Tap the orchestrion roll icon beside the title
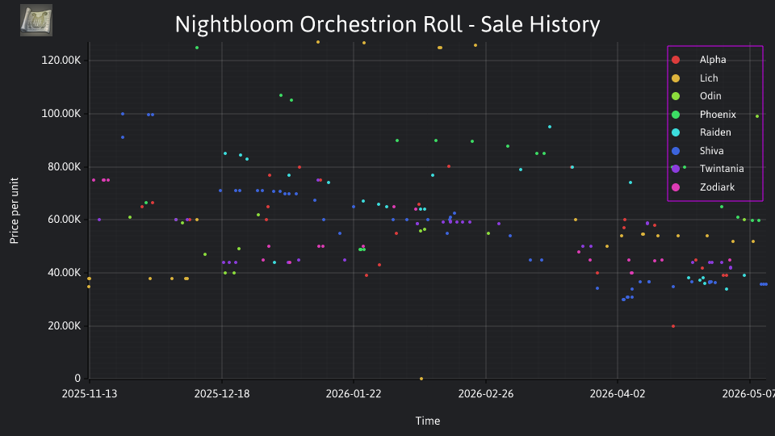[x=36, y=20]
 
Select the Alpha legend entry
[x=713, y=60]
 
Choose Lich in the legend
[x=709, y=78]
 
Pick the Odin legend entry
[x=710, y=96]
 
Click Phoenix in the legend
[x=718, y=114]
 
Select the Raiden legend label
[x=715, y=132]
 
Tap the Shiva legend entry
[x=711, y=151]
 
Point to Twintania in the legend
[x=722, y=169]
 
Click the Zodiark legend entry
[x=717, y=187]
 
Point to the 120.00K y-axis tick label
[x=61, y=61]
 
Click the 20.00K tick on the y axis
[x=65, y=325]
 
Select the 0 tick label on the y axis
[x=77, y=378]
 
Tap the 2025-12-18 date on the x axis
[x=222, y=394]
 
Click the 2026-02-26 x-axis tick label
[x=486, y=394]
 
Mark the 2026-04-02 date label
[x=618, y=394]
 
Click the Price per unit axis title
[x=15, y=211]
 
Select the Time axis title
[x=428, y=421]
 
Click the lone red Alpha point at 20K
[x=673, y=326]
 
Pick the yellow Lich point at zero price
[x=421, y=379]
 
